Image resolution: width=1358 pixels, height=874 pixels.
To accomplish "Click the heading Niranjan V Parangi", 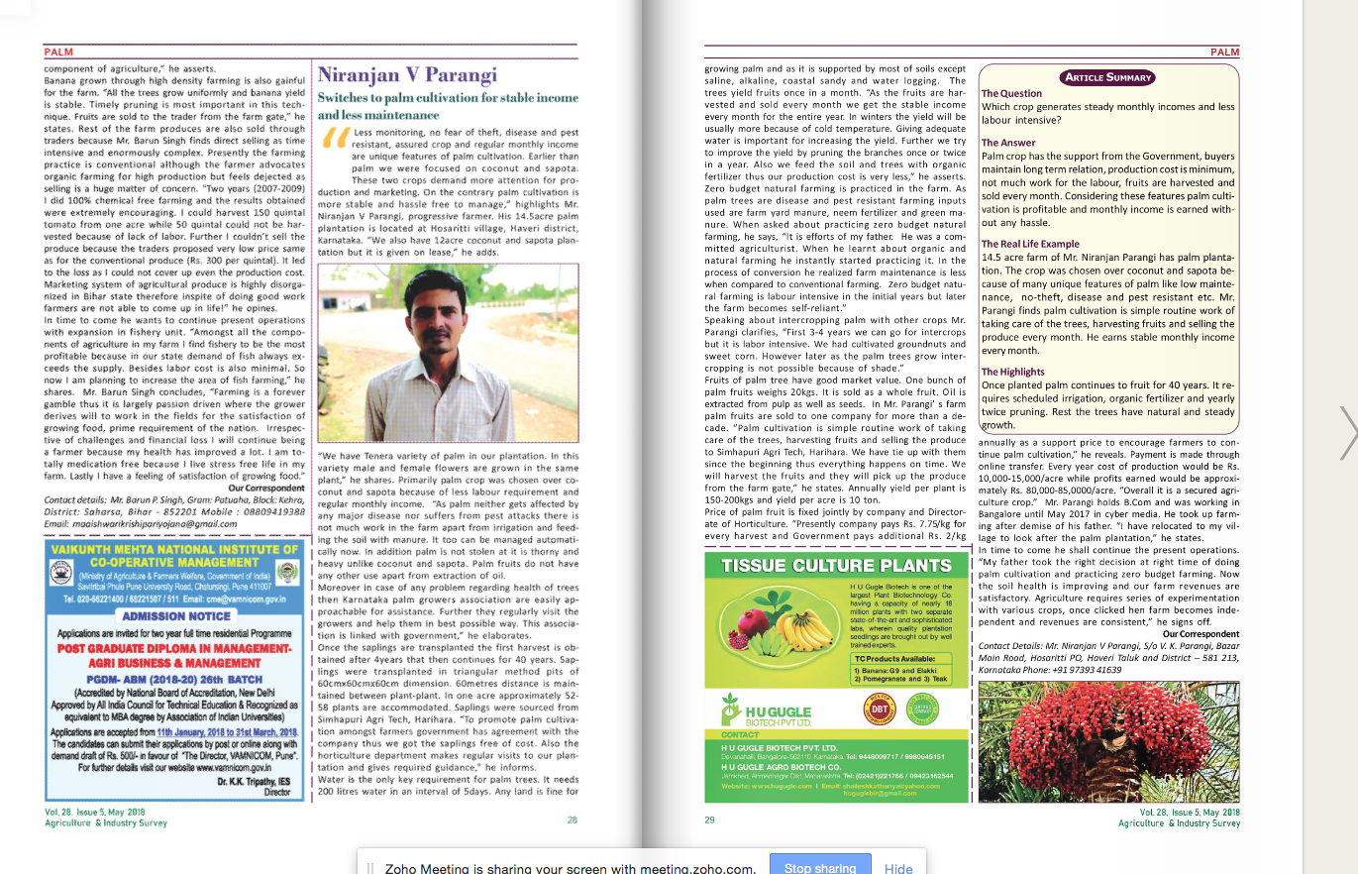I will coord(407,76).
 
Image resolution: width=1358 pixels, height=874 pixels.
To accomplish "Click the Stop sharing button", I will coord(819,867).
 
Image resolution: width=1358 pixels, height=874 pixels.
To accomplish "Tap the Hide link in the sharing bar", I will coord(898,867).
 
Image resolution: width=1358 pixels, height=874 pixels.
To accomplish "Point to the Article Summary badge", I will coord(1107,77).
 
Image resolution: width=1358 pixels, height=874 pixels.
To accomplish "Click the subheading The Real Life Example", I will coord(1030,244).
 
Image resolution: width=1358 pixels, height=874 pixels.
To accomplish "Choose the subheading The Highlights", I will coord(1013,372).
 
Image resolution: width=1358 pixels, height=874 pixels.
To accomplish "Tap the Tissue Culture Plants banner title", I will coord(837,566).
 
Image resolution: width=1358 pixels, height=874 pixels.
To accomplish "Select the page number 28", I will coord(573,819).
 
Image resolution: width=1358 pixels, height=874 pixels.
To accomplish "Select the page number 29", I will coord(709,819).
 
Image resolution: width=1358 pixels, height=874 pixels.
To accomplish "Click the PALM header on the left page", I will coord(59,52).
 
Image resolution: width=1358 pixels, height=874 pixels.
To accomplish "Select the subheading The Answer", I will coord(1008,143).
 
